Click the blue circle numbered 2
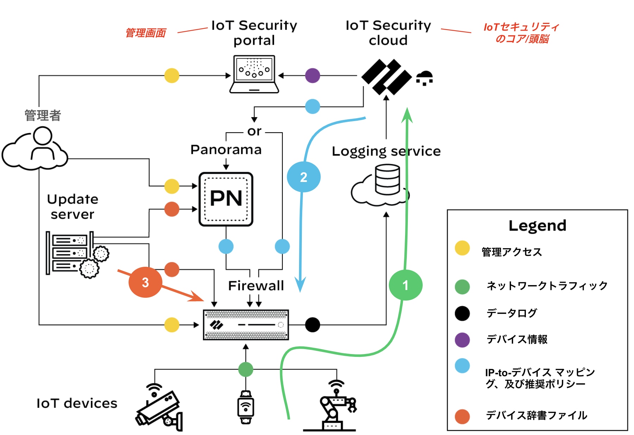click(304, 177)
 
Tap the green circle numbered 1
click(405, 285)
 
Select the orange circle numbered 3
click(145, 282)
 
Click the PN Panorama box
click(226, 199)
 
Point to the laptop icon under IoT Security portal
click(254, 74)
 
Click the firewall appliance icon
click(246, 324)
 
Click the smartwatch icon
click(246, 407)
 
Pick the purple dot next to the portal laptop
click(312, 75)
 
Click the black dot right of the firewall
click(312, 324)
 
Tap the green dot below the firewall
click(246, 369)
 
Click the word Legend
click(537, 225)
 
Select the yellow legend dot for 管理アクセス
click(462, 248)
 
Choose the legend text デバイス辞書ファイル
click(536, 415)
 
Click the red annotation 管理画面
click(146, 33)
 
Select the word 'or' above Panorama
click(254, 131)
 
